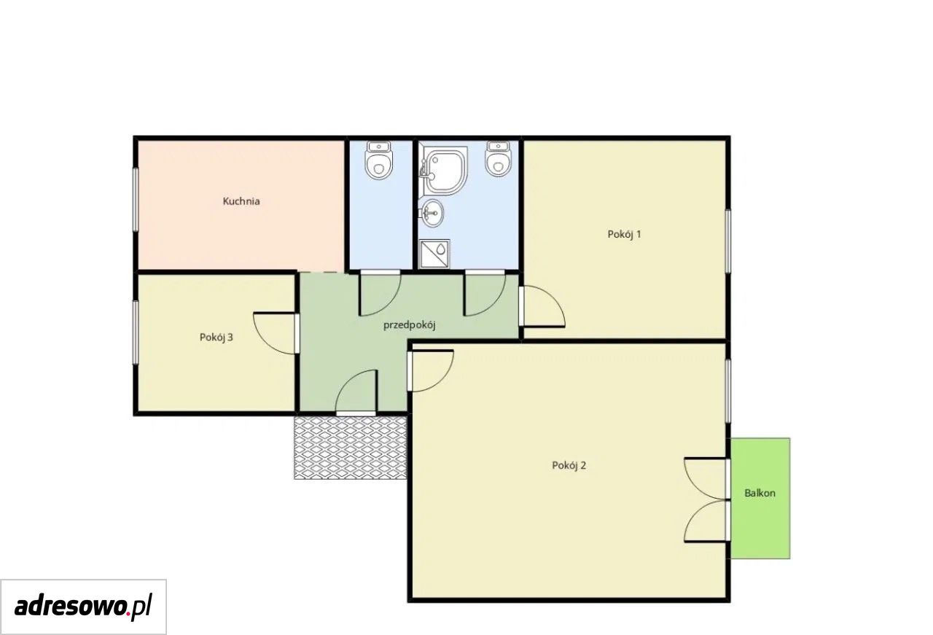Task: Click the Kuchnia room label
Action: click(241, 201)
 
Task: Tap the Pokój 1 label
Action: click(624, 235)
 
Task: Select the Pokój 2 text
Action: click(569, 465)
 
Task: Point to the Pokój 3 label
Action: click(216, 338)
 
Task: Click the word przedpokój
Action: click(410, 325)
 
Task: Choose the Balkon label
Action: click(760, 493)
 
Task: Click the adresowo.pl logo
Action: click(83, 607)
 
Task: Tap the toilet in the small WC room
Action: click(378, 160)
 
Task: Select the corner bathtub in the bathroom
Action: click(443, 170)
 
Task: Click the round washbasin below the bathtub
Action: click(432, 214)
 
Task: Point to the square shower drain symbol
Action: click(434, 253)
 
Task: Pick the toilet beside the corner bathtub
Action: click(498, 159)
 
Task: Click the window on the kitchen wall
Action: click(136, 199)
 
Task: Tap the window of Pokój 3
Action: click(136, 332)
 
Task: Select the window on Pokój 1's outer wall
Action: click(728, 241)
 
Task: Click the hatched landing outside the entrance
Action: click(351, 448)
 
